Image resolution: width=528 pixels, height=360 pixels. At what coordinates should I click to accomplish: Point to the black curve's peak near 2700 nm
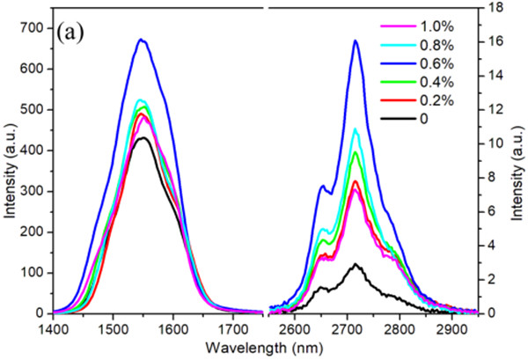[x=356, y=263]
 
